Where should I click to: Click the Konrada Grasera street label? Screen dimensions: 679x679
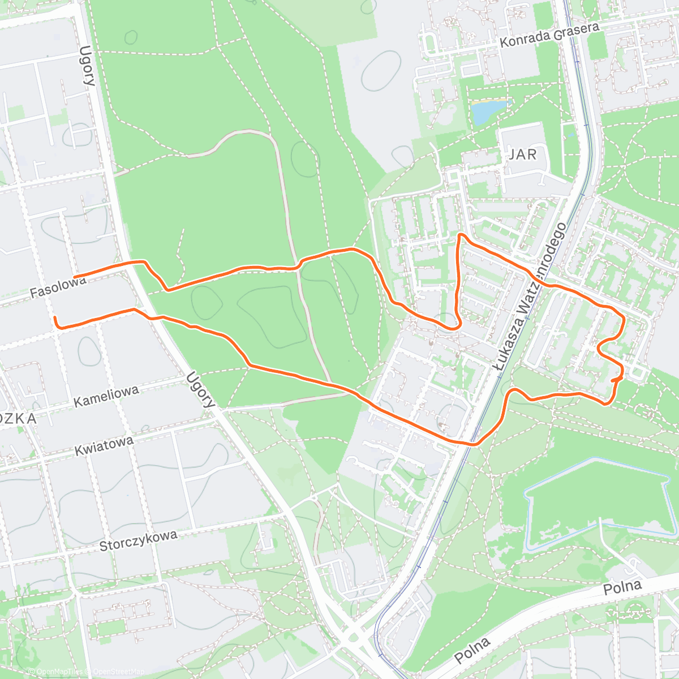point(549,35)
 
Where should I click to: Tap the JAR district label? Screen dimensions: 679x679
point(522,154)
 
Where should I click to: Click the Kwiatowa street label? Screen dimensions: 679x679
point(104,446)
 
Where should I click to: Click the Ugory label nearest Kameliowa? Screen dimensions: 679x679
point(200,390)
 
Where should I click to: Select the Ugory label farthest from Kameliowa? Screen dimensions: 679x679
point(87,66)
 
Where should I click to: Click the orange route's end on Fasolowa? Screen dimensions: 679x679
point(75,276)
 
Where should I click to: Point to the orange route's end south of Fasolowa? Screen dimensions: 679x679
point(55,319)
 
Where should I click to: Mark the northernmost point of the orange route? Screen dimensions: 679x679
point(461,234)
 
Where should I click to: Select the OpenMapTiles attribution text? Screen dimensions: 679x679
point(55,672)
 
